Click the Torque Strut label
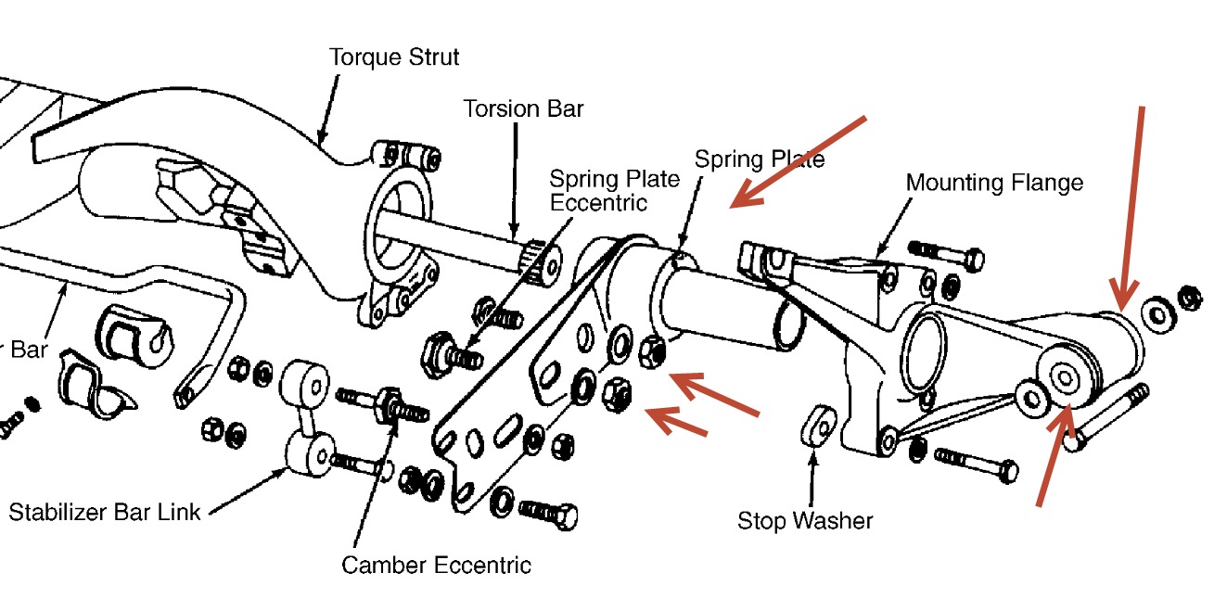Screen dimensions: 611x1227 (394, 57)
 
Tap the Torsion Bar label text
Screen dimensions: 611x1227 (523, 108)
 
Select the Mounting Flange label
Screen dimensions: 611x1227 (994, 183)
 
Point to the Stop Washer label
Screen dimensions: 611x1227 (805, 520)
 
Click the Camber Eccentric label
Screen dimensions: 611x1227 (436, 565)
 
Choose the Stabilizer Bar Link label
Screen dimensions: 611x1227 (105, 511)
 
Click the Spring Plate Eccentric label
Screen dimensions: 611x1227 (614, 189)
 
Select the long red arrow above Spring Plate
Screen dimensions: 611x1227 (799, 159)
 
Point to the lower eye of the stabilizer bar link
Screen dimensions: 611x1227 (309, 453)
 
